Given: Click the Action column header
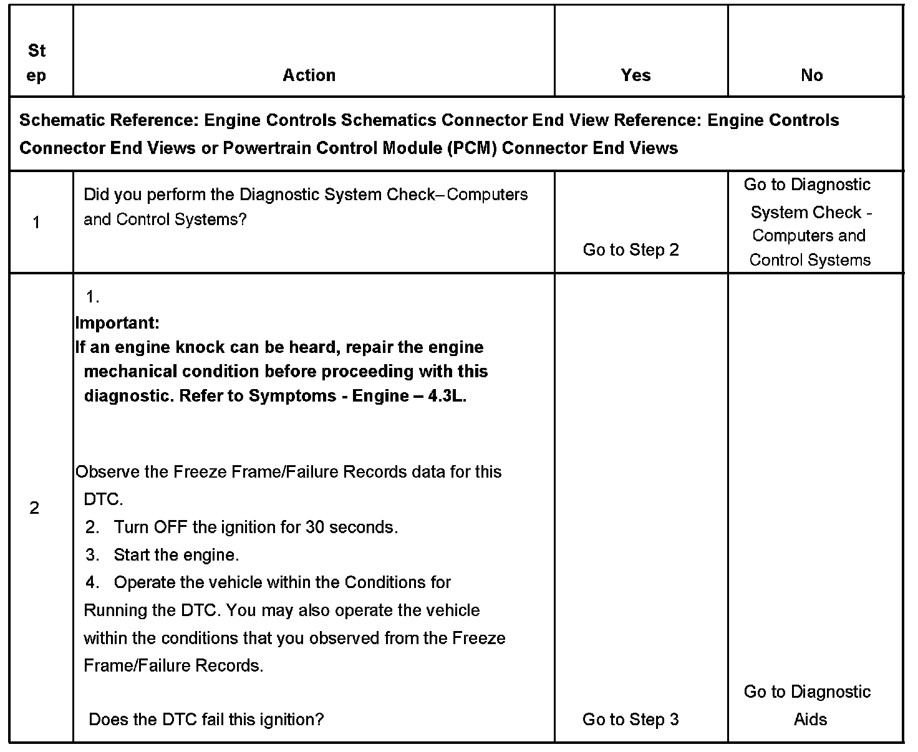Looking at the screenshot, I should pos(309,75).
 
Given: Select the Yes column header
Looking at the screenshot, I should pos(635,75).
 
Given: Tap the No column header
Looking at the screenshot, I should pos(811,75).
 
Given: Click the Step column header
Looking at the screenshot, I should pos(37,63).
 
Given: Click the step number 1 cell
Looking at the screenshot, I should pos(36,222).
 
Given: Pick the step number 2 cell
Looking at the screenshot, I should pos(34,508).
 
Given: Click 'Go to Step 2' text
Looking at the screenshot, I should pos(631,250).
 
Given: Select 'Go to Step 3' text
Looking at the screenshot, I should pos(631,720).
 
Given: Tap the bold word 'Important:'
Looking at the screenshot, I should pos(117,323).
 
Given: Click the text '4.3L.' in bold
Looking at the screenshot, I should pos(447,396).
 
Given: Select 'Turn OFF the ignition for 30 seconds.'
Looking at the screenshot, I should pos(256,528).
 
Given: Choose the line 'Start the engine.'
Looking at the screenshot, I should pos(176,555).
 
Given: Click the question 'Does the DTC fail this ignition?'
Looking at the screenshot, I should pos(206,720).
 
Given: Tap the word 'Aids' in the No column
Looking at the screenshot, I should pos(810,720).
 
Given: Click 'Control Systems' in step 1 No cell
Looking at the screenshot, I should pos(809,260).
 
